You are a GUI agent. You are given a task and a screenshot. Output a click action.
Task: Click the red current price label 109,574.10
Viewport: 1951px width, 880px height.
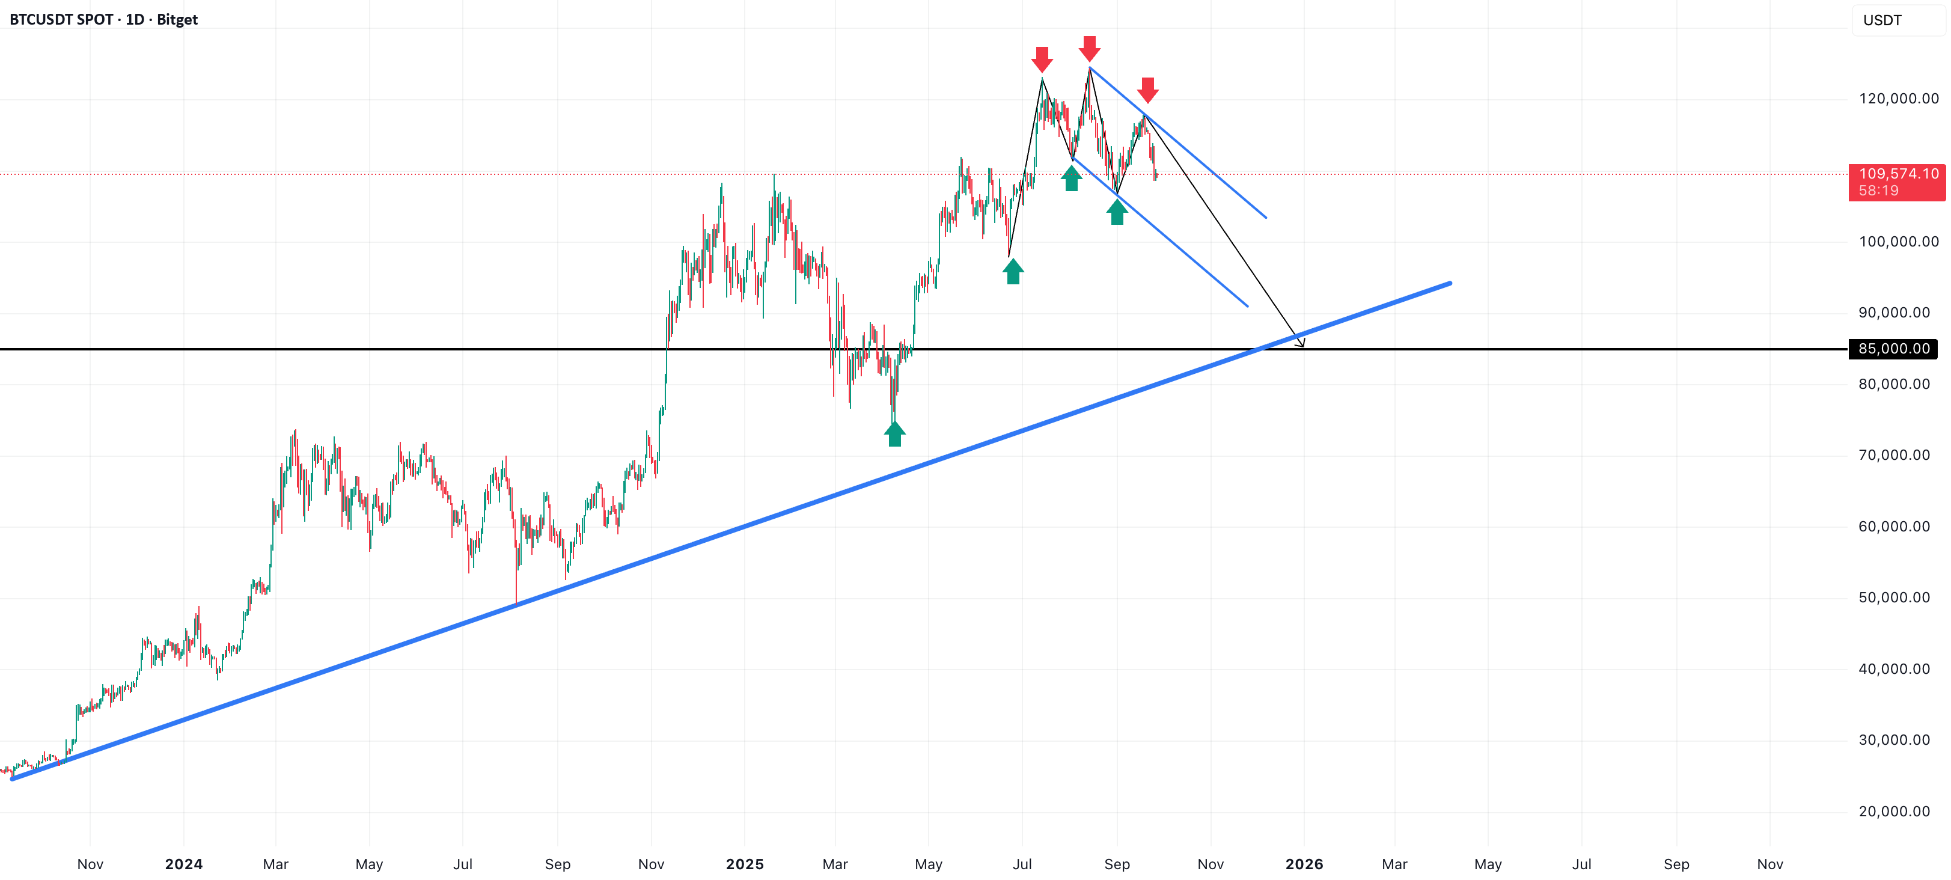[1899, 174]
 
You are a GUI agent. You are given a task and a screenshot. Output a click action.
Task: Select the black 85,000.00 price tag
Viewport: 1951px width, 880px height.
[1893, 349]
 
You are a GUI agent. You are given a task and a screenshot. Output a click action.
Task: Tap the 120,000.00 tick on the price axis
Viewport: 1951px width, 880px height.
[1899, 99]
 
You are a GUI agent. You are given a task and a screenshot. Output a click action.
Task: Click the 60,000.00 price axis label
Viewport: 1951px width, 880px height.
[1894, 527]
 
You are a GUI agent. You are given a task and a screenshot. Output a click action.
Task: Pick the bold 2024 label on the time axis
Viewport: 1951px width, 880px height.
[184, 864]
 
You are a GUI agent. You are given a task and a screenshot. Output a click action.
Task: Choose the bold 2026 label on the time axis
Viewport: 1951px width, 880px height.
[1304, 864]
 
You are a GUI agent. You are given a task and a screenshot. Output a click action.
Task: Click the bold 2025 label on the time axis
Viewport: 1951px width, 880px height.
[745, 864]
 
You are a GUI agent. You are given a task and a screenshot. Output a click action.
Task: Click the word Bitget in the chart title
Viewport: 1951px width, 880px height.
[177, 20]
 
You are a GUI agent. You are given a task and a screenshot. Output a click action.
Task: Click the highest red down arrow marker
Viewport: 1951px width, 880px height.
[1089, 49]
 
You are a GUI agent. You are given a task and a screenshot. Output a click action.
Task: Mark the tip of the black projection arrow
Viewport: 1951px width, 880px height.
[1304, 347]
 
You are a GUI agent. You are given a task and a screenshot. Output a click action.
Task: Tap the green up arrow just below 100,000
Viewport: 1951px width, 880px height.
[1013, 271]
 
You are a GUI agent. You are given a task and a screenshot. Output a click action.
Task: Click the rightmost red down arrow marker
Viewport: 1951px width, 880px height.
[1148, 90]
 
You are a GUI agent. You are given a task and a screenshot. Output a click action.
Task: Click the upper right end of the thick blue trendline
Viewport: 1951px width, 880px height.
[1450, 283]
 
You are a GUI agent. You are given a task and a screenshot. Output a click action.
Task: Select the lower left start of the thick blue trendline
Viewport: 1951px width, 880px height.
[12, 778]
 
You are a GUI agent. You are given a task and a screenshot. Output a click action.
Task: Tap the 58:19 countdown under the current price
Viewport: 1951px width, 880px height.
[1879, 191]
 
